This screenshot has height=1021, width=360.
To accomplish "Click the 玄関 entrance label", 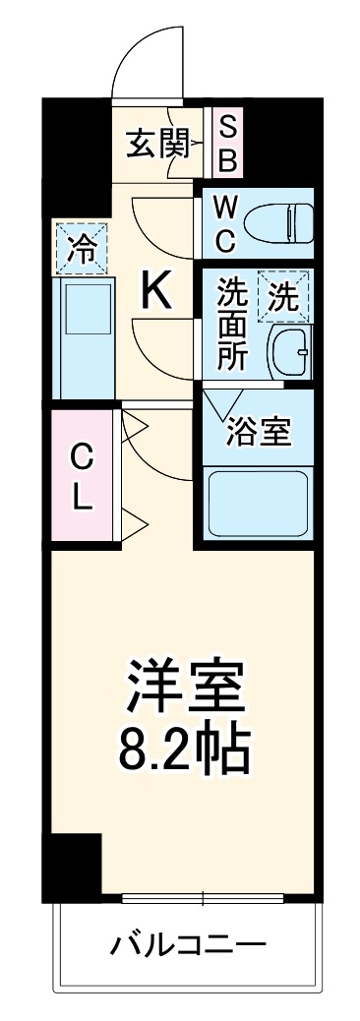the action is pos(155,145).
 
